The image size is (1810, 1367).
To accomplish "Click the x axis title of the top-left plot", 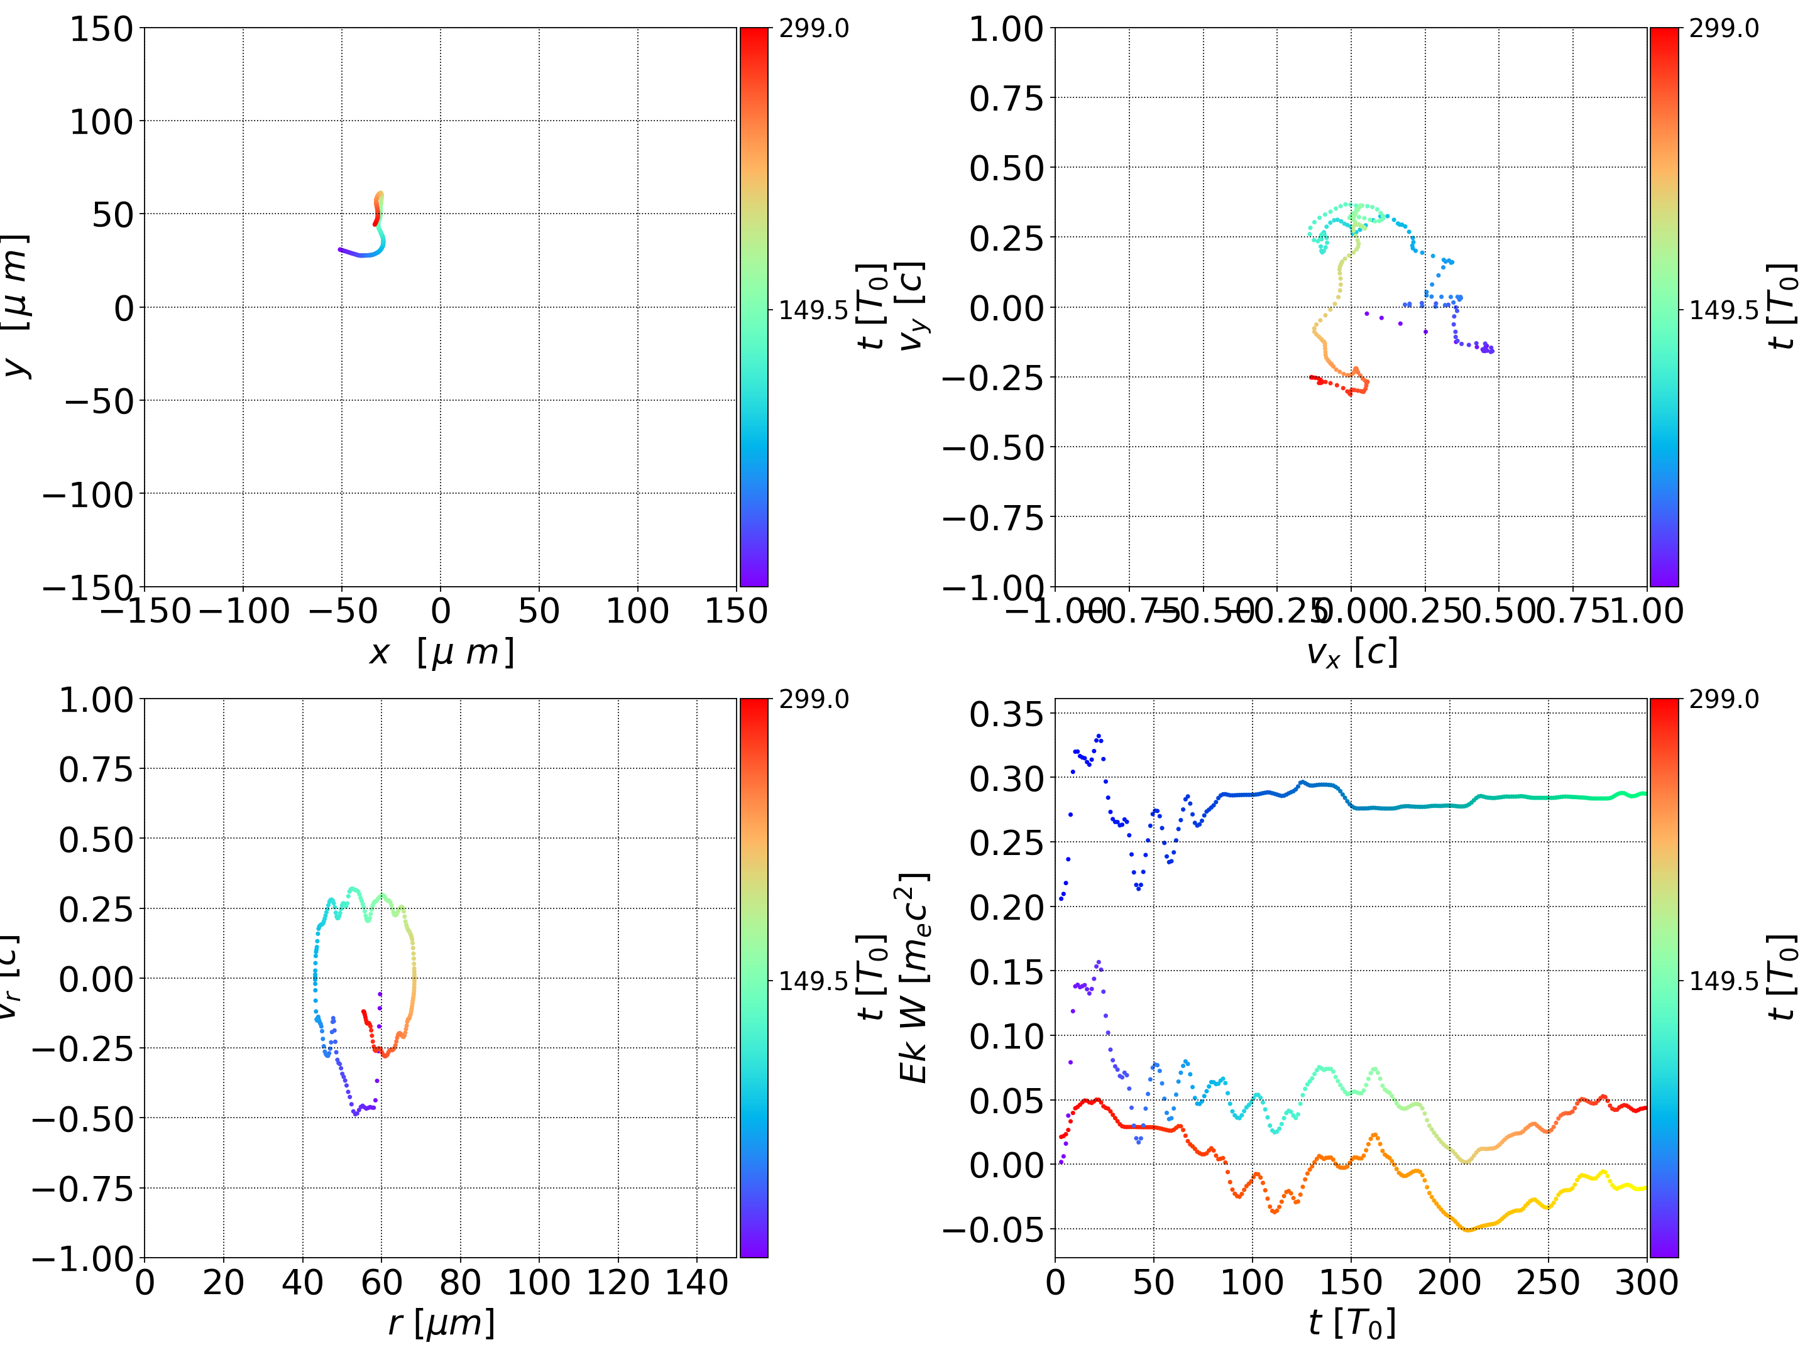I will point(441,652).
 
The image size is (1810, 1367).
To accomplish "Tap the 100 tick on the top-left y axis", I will point(101,122).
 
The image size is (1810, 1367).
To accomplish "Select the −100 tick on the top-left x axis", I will point(244,611).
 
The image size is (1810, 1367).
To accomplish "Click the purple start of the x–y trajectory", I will point(341,249).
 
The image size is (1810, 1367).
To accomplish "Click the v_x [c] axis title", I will point(1351,652).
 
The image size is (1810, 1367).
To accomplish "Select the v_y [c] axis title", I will point(913,307).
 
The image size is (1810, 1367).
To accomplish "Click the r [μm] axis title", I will point(441,1323).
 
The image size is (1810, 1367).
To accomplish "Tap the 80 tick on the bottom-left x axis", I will point(460,1282).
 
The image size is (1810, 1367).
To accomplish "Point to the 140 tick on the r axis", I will point(696,1282).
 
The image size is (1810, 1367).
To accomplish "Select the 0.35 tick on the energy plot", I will point(1006,714).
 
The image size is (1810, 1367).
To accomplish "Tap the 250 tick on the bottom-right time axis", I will point(1547,1282).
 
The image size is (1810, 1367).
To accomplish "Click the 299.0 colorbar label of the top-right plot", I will point(1724,29).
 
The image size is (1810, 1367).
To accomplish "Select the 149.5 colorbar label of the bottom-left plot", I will point(813,980).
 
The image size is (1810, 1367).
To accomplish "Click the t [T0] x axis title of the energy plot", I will point(1351,1323).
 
